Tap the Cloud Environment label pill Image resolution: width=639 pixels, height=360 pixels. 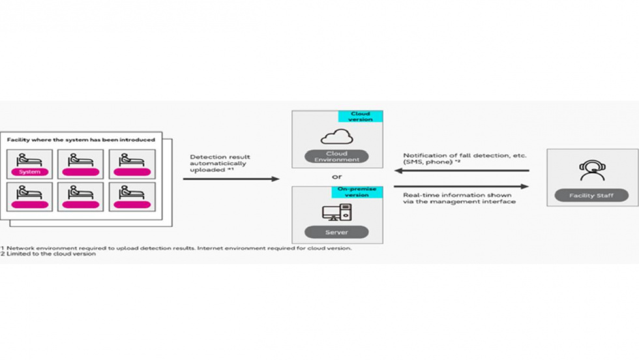(x=336, y=157)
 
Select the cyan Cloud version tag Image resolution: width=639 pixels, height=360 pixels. (x=361, y=117)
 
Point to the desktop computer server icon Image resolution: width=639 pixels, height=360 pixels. (x=336, y=213)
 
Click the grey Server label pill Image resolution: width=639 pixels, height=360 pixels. (x=336, y=232)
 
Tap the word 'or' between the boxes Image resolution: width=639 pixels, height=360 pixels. (x=336, y=177)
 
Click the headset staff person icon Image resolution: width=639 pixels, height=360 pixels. (x=592, y=170)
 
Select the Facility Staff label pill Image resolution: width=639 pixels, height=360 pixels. (x=592, y=196)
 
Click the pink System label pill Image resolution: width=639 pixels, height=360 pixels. (x=29, y=172)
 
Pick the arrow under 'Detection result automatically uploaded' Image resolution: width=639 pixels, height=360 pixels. (x=230, y=179)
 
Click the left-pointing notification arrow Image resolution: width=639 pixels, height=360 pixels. (x=460, y=171)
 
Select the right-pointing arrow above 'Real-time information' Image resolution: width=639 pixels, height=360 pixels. (x=460, y=187)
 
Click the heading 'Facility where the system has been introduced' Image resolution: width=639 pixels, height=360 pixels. (x=81, y=140)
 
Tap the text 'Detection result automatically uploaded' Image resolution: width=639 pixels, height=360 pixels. (x=220, y=163)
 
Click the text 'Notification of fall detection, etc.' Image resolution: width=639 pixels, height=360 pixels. (x=464, y=156)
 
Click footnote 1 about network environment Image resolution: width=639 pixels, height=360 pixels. (x=176, y=248)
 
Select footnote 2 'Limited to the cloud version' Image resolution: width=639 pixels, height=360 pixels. (x=49, y=254)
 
